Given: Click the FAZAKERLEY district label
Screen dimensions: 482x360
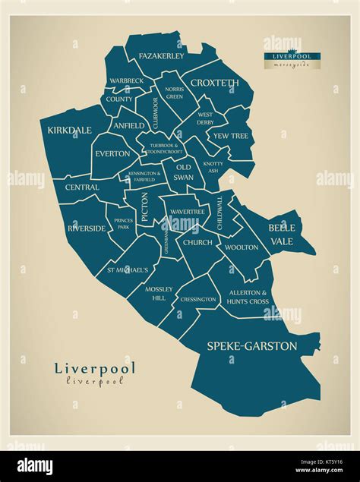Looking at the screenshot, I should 161,56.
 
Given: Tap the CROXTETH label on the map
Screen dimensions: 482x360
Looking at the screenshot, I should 214,83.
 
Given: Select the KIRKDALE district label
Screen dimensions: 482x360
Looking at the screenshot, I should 69,131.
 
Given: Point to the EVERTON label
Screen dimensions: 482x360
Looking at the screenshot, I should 112,153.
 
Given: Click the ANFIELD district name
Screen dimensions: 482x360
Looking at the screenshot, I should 128,126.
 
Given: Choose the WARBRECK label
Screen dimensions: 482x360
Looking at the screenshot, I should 126,80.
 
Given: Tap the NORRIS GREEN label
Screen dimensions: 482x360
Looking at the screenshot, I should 174,93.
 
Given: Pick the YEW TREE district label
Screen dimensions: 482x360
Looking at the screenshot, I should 230,136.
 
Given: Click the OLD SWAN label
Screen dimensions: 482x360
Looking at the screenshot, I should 184,172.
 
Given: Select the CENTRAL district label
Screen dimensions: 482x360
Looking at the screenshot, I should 82,187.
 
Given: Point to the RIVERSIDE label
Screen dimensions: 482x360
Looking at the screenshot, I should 86,228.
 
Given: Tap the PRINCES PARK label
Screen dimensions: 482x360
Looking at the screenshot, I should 123,224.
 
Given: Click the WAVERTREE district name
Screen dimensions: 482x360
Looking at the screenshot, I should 188,211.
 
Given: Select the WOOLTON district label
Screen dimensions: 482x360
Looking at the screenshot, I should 242,247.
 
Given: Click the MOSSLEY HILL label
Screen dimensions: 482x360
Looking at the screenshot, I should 160,293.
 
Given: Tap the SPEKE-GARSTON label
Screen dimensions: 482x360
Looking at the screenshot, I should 251,346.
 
